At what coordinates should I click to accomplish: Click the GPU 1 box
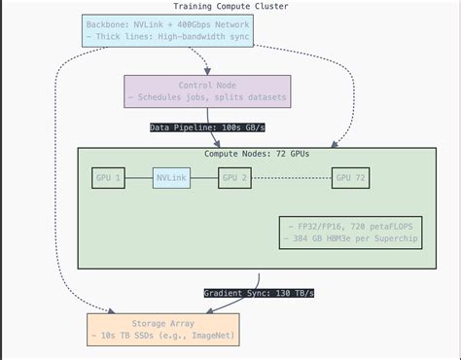point(108,177)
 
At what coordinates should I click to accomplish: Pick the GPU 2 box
point(236,177)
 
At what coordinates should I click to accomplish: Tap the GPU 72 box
point(354,177)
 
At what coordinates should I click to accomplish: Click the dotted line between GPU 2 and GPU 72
point(292,177)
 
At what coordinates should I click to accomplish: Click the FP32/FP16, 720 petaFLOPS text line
point(350,225)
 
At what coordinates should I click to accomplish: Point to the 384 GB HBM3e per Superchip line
point(350,238)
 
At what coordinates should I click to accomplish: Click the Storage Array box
point(162,329)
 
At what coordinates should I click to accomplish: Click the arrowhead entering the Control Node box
point(207,72)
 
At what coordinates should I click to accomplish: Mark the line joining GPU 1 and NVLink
point(138,177)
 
